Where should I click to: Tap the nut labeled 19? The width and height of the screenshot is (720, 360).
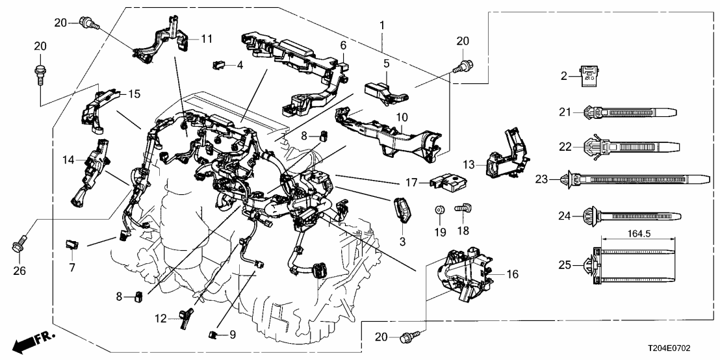click(x=441, y=210)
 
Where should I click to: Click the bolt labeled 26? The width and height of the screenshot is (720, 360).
click(x=18, y=246)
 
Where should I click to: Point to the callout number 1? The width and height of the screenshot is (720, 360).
click(x=382, y=25)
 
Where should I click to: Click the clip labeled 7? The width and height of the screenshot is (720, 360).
click(x=70, y=244)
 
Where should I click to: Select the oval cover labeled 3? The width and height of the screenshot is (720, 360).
click(x=402, y=211)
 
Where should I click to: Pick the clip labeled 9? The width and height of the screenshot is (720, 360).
click(x=212, y=335)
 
